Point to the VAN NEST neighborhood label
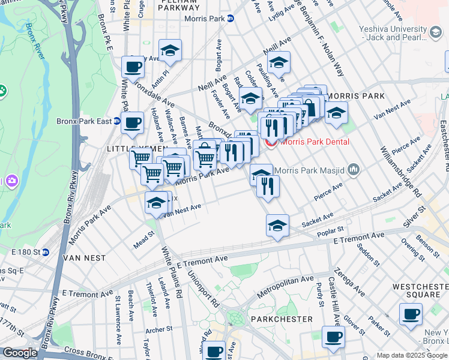point(85,258)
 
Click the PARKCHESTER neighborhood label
point(282,319)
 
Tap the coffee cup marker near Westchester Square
point(411,314)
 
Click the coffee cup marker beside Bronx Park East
point(132,123)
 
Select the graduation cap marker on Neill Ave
point(279,62)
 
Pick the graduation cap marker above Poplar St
point(277,226)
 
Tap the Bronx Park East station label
point(84,121)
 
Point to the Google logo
point(20,353)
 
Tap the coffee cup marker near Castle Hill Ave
point(333,337)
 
